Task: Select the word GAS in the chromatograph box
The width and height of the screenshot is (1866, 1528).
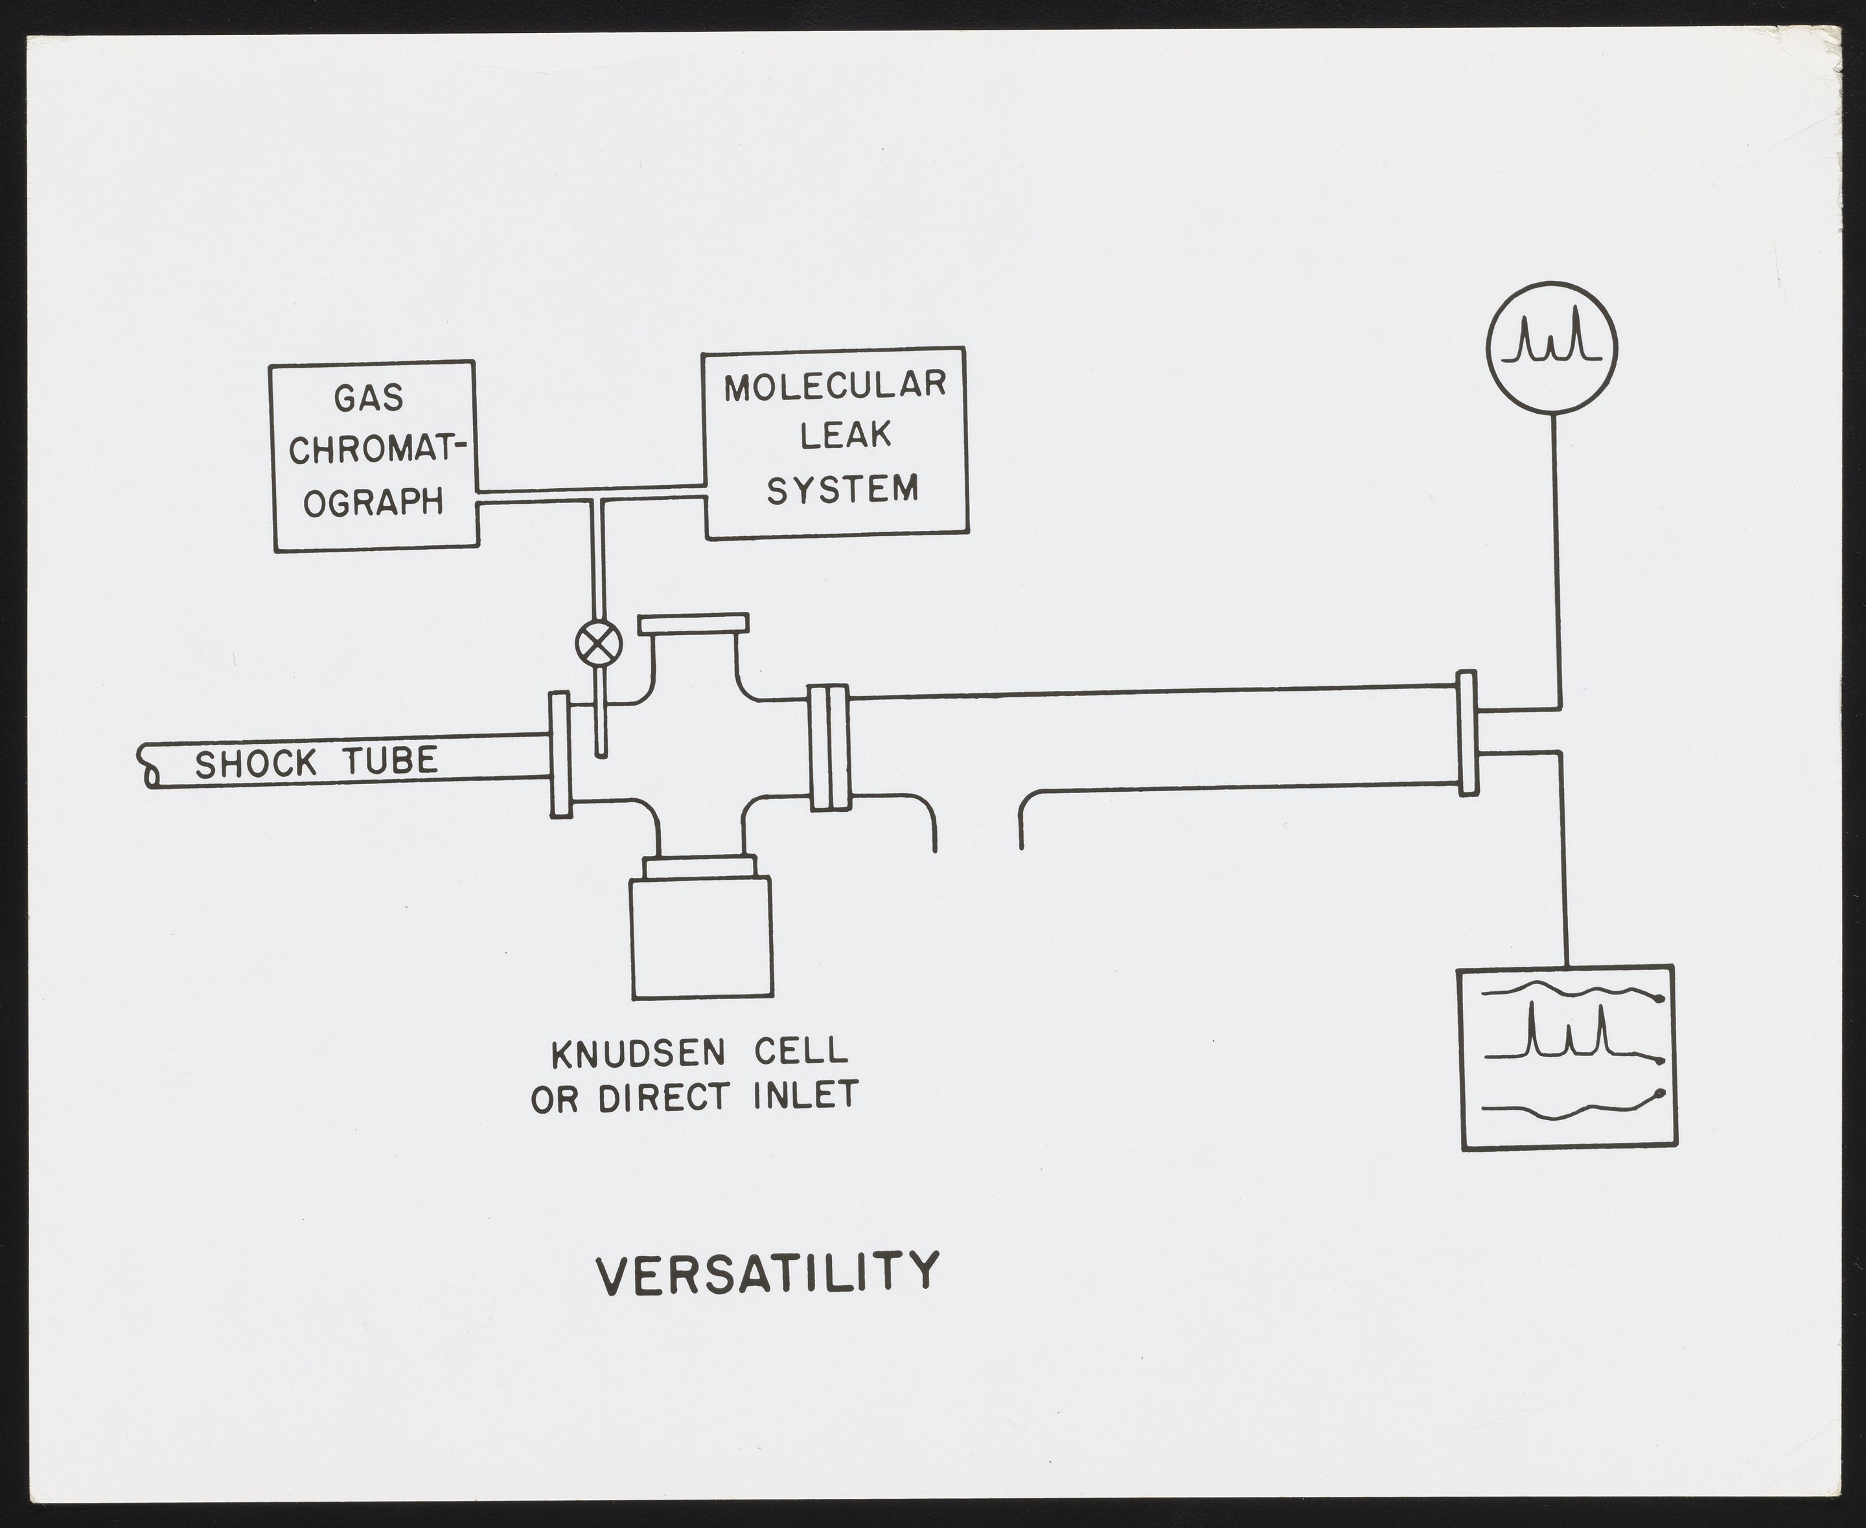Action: [369, 399]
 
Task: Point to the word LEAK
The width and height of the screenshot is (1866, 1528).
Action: [846, 435]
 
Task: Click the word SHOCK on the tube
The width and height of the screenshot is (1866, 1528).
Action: [255, 763]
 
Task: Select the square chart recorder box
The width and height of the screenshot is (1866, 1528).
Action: [1567, 1056]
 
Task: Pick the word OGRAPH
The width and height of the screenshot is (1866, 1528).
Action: [373, 502]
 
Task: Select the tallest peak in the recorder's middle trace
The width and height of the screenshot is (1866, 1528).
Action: [1532, 1028]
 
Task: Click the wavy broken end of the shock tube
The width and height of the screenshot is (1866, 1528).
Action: [147, 766]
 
